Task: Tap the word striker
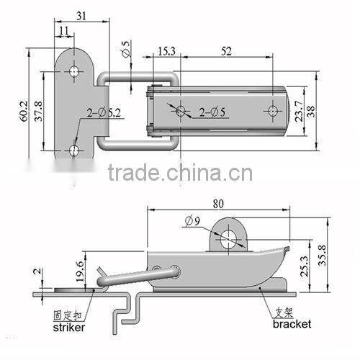pyautogui.click(x=70, y=327)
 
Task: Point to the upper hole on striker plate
pyautogui.click(x=75, y=71)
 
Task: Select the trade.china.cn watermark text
pyautogui.click(x=180, y=173)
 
